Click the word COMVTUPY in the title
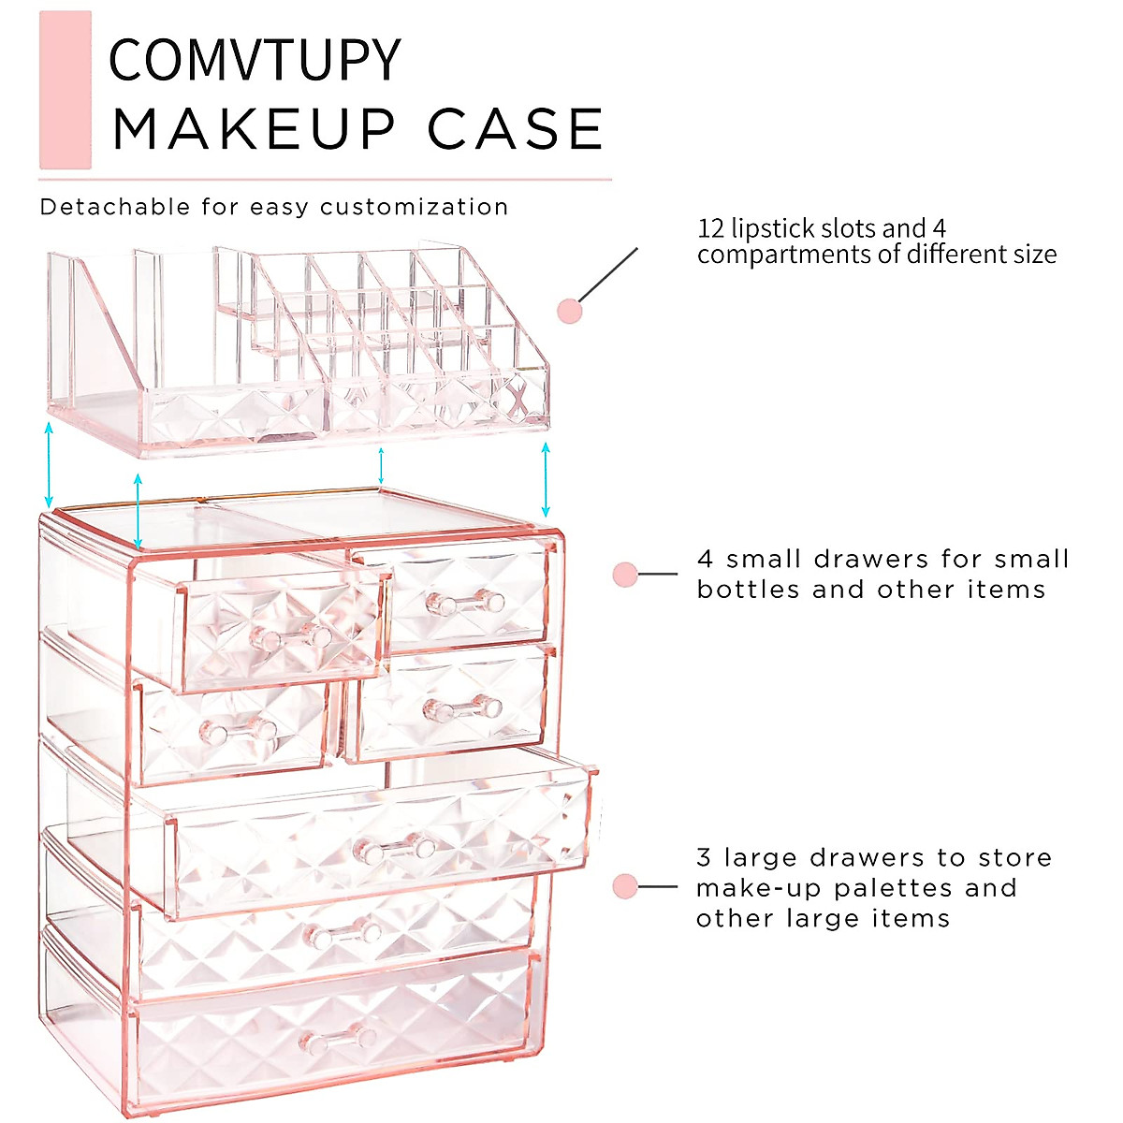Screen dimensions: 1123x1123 (x=255, y=61)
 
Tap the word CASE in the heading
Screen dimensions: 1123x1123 (x=516, y=129)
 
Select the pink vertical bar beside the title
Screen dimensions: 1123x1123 (x=66, y=90)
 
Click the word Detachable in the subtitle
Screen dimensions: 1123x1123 (x=115, y=207)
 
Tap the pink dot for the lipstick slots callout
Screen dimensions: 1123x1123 (x=570, y=312)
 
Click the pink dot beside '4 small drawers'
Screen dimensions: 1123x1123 (x=625, y=575)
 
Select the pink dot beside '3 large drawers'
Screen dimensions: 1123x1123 (x=625, y=886)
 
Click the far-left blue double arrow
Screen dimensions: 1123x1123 (x=50, y=465)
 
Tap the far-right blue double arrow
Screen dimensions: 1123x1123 (x=546, y=480)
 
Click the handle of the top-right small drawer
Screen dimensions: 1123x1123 (x=465, y=601)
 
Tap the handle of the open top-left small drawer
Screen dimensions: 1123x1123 (x=292, y=638)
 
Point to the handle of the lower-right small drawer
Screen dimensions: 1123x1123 (x=462, y=709)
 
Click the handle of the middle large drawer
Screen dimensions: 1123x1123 (x=343, y=932)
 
